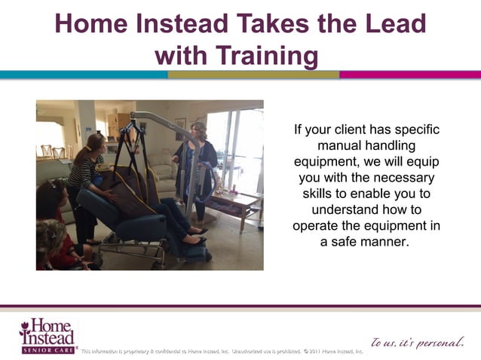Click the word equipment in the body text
click(x=328, y=162)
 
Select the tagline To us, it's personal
click(x=415, y=343)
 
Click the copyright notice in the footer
click(x=222, y=351)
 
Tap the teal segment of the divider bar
click(x=83, y=75)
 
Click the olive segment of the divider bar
click(x=253, y=75)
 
